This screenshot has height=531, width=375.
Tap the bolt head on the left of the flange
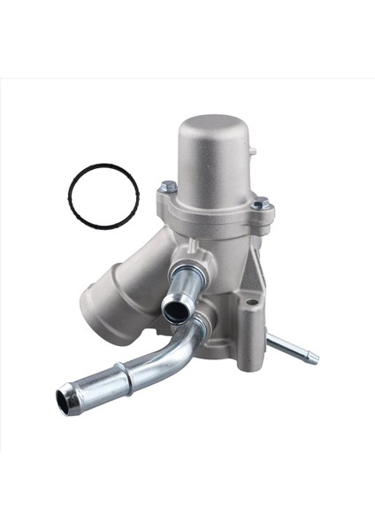pos(167,188)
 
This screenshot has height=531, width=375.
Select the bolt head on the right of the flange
pos(259,204)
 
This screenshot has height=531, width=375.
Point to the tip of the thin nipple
pos(314,358)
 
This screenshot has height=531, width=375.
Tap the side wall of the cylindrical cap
pos(214,168)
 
